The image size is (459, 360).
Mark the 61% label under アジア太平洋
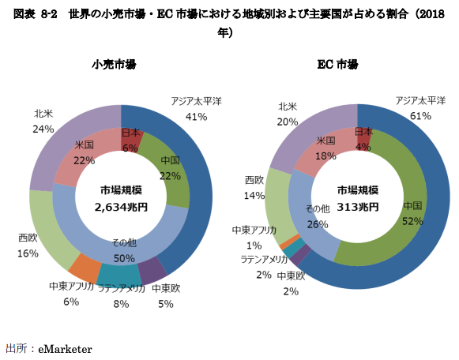pos(420,115)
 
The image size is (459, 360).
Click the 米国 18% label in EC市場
pos(325,148)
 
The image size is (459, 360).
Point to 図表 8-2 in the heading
pos(37,13)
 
